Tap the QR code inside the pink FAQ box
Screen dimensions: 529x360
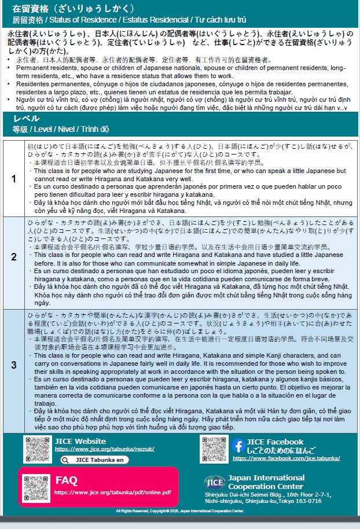tap(36, 487)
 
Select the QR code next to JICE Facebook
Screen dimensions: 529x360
tap(214, 449)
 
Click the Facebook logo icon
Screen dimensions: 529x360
tap(238, 446)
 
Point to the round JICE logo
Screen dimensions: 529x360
tap(215, 482)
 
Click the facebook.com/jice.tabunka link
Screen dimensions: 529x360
tap(286, 458)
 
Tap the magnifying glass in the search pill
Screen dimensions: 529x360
tap(67, 460)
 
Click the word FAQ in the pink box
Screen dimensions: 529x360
tap(67, 480)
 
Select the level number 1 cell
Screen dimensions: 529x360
tap(13, 178)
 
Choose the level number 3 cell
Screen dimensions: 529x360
tap(13, 365)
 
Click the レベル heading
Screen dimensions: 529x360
tap(26, 119)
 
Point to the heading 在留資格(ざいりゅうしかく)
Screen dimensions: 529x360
tap(73, 9)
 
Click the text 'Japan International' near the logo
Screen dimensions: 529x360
tap(266, 478)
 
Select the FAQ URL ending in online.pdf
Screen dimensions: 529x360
tap(112, 493)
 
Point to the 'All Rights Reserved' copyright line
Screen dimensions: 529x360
tap(180, 511)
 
